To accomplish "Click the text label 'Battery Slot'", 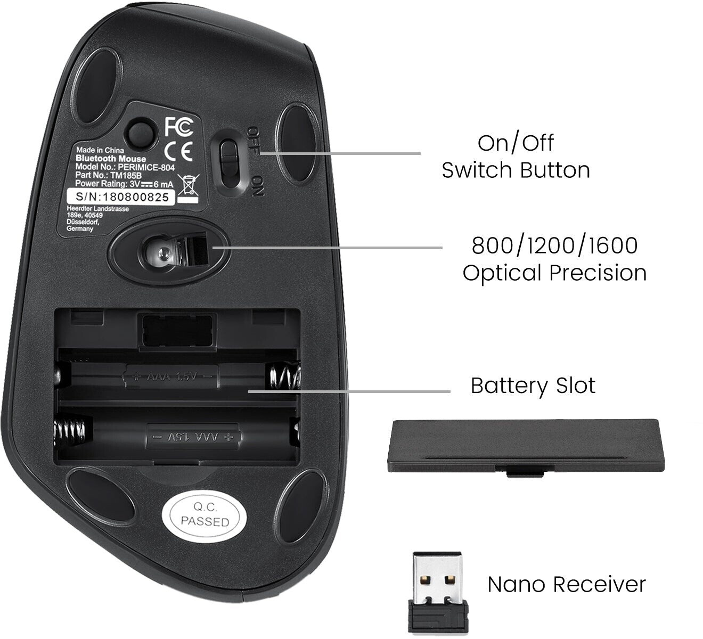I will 533,386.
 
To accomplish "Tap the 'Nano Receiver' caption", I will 566,584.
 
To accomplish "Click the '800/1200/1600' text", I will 554,245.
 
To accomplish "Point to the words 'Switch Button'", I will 516,170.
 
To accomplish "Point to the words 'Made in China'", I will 100,150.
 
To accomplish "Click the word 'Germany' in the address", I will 80,228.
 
